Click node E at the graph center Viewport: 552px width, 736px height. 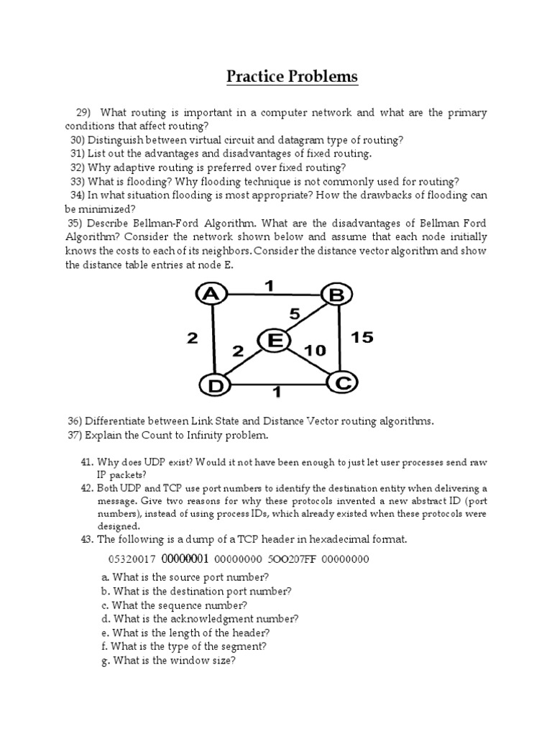click(274, 341)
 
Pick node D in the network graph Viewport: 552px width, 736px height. click(213, 386)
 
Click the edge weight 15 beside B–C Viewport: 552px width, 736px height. click(363, 337)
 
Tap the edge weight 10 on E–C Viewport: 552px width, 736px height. click(315, 350)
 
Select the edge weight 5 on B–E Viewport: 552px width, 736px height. click(294, 313)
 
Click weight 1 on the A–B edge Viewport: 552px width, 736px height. click(269, 286)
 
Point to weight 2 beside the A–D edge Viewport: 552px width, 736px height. click(192, 338)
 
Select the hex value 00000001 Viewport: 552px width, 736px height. click(185, 559)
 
